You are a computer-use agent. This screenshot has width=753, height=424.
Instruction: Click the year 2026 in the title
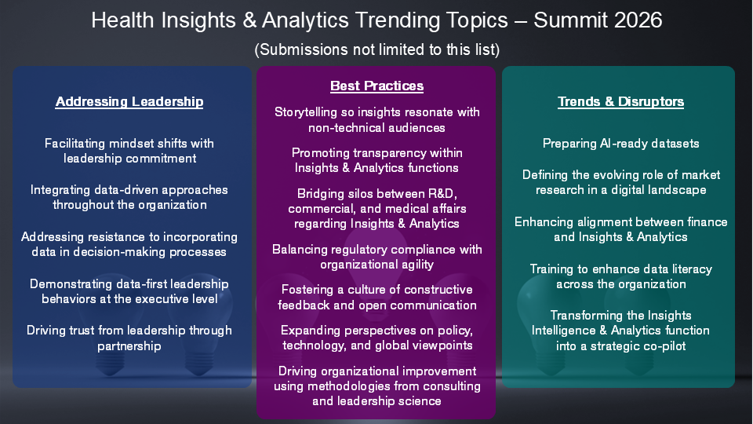point(638,20)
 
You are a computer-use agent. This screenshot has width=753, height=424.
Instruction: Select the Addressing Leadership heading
point(129,101)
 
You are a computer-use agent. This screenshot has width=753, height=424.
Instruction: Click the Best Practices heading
point(377,86)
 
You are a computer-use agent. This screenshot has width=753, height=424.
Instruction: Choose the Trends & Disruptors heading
point(621,101)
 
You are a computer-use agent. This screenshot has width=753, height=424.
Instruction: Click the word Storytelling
point(306,112)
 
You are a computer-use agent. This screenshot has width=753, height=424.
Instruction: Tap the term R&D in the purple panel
point(442,193)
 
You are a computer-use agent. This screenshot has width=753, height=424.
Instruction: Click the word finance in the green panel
point(708,221)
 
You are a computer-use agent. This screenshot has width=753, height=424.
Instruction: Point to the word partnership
point(129,346)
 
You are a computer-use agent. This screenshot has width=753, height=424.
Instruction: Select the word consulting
point(453,386)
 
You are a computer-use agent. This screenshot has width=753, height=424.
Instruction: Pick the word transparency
point(376,153)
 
